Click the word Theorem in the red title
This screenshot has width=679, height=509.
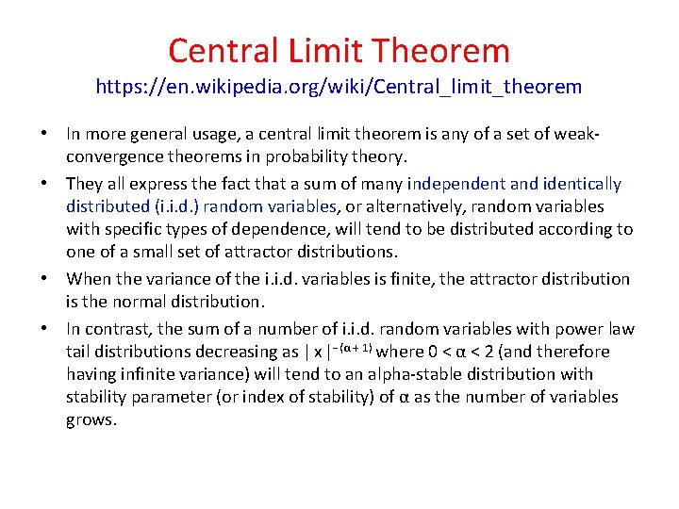tap(448, 50)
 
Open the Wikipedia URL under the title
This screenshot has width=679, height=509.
tap(339, 87)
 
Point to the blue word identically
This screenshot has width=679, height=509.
tap(579, 184)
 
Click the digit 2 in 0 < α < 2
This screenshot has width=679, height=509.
tap(478, 352)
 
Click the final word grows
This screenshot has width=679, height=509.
tap(91, 419)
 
